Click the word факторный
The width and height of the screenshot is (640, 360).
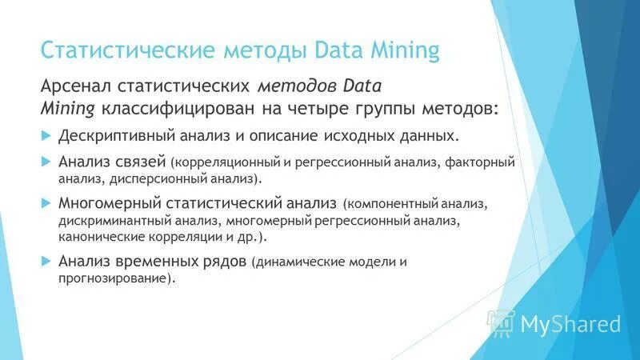(479, 162)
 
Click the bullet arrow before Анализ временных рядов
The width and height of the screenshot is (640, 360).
(46, 261)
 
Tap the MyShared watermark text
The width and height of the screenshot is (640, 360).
(570, 324)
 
